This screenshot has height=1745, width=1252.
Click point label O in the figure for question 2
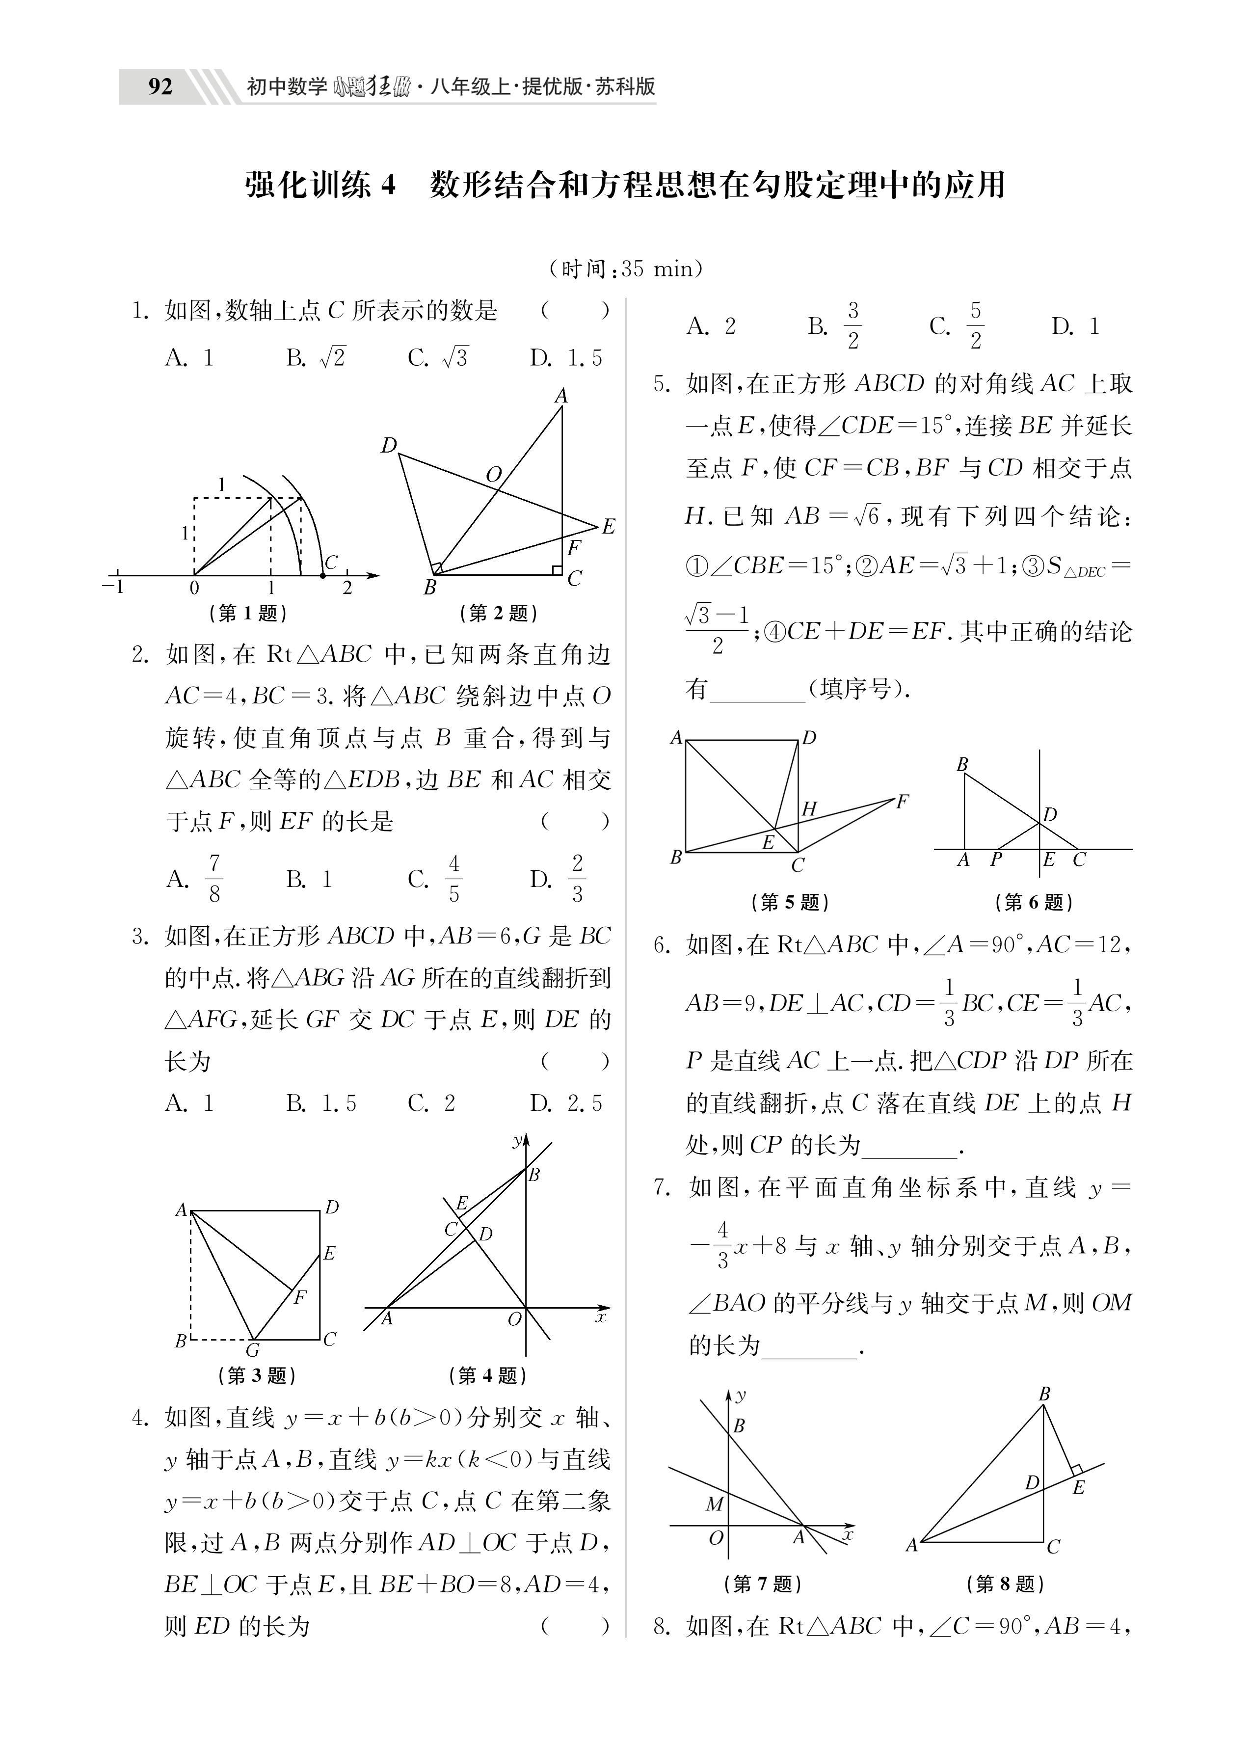[x=493, y=475]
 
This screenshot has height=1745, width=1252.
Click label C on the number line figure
[x=331, y=563]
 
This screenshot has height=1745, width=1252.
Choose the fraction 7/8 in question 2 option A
[x=214, y=878]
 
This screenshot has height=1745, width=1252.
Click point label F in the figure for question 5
[x=902, y=802]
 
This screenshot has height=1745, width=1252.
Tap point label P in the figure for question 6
[x=996, y=859]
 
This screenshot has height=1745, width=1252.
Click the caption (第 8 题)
[x=1006, y=1584]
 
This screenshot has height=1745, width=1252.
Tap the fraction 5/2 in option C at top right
[x=975, y=325]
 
